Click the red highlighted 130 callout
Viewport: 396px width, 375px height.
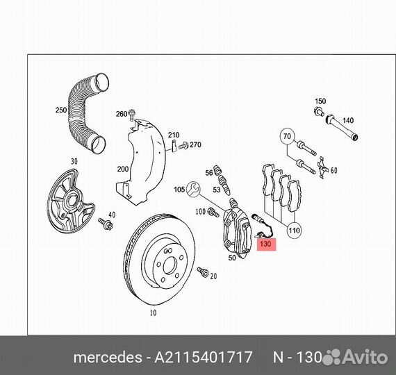coord(267,244)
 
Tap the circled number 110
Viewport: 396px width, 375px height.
coord(295,231)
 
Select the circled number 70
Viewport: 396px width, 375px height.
coord(287,137)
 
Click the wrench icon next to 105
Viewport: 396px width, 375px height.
coord(193,189)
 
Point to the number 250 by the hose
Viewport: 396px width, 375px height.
coord(61,110)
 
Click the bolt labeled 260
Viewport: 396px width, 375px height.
coord(131,115)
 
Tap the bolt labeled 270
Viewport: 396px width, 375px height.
coord(183,146)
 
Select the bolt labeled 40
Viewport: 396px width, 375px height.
coord(106,224)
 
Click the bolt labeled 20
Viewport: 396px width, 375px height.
coord(203,272)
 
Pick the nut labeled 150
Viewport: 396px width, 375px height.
coord(319,111)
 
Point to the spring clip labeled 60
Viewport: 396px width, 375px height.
coord(322,167)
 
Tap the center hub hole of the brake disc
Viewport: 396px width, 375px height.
coord(170,266)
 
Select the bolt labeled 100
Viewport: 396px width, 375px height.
coord(213,212)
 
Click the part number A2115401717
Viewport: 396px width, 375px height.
coord(204,357)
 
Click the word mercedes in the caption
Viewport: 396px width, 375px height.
coord(108,358)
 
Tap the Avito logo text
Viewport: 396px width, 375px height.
coord(365,357)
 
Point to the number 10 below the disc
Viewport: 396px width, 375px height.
coord(153,313)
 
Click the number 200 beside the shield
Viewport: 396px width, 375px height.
coord(123,169)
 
